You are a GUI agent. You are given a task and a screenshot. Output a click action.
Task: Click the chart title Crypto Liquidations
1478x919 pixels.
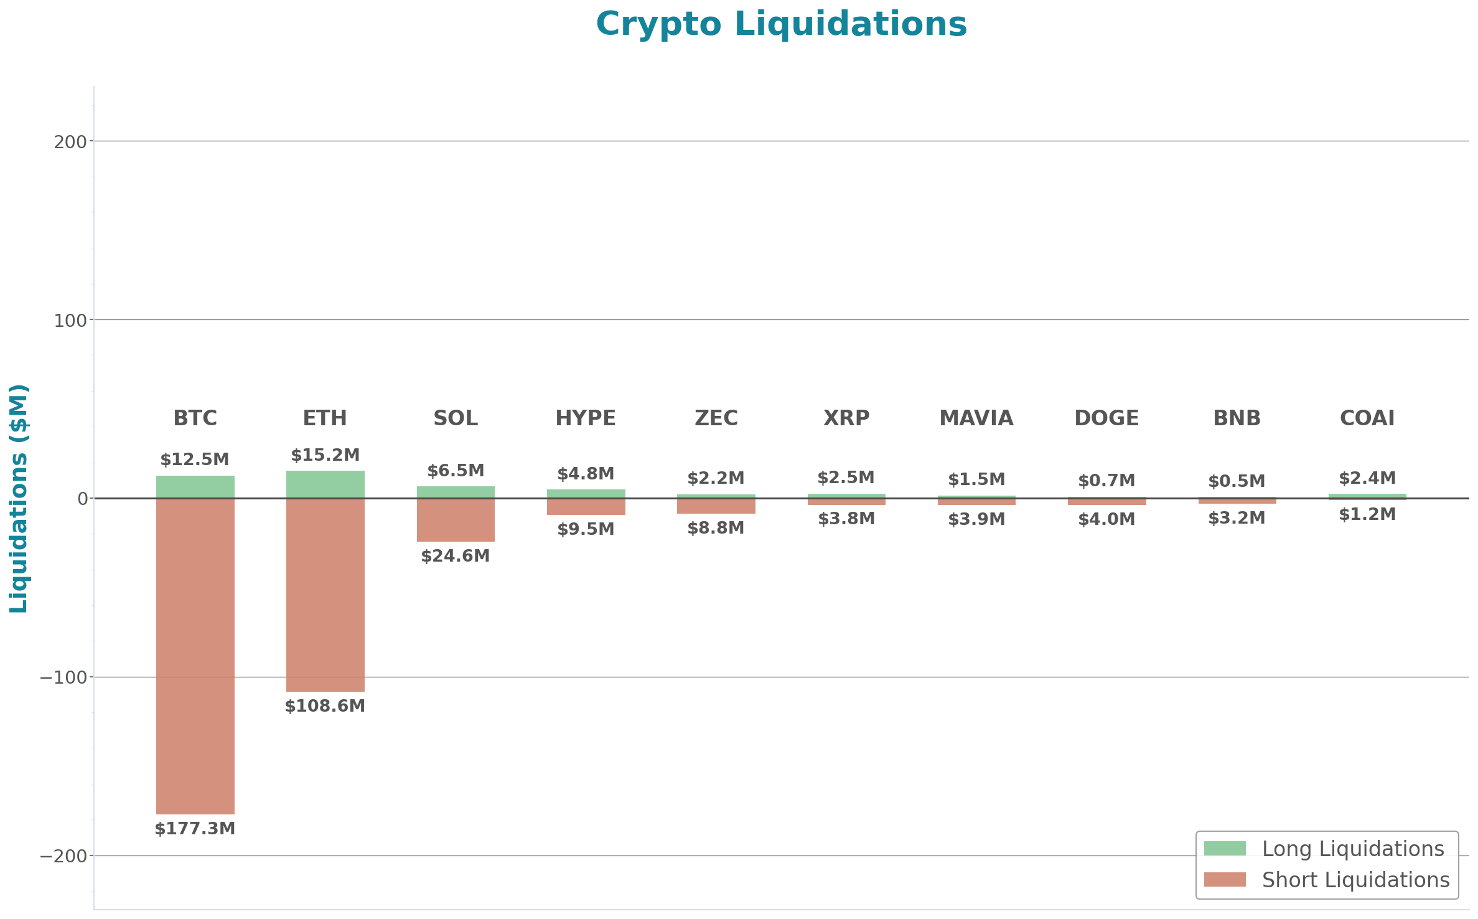tap(781, 25)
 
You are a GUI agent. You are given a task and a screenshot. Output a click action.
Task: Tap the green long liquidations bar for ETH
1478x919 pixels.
tap(325, 484)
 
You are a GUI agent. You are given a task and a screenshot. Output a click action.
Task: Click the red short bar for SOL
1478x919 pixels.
tap(456, 520)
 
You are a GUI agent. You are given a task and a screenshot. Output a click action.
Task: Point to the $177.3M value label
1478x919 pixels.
tap(195, 829)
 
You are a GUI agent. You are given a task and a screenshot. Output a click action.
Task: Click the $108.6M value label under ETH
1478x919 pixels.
tap(325, 706)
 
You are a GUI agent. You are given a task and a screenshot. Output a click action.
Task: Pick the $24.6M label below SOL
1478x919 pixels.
tap(456, 556)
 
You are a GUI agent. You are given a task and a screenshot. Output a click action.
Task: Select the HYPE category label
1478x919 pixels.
tap(586, 418)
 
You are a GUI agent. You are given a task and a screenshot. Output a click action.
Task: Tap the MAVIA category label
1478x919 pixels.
tap(976, 418)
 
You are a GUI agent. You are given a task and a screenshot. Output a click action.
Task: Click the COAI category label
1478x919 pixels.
tap(1367, 418)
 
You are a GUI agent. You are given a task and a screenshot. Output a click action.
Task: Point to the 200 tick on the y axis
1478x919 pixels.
tap(70, 142)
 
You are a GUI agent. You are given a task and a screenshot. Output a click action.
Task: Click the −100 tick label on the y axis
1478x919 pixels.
tap(63, 677)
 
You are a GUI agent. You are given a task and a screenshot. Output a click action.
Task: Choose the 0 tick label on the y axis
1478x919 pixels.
tap(83, 499)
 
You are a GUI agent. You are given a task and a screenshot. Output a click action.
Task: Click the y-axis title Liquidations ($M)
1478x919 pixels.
tap(19, 498)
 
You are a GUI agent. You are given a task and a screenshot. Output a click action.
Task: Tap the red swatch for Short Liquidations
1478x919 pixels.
tap(1224, 879)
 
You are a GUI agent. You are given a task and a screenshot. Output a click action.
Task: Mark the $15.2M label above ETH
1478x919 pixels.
tap(325, 455)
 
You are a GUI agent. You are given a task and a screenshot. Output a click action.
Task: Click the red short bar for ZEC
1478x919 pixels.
tap(716, 506)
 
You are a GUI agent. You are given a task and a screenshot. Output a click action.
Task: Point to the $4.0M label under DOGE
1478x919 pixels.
tap(1106, 519)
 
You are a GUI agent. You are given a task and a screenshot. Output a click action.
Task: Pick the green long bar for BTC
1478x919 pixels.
tap(195, 487)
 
